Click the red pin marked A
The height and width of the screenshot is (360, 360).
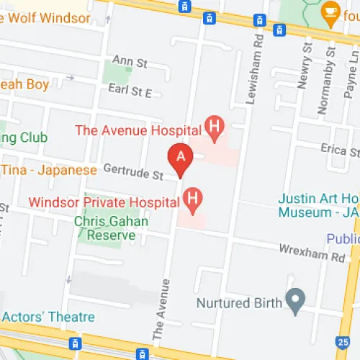pyautogui.click(x=180, y=158)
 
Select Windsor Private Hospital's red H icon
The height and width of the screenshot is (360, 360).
pyautogui.click(x=192, y=197)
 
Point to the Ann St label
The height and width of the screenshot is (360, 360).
pyautogui.click(x=130, y=63)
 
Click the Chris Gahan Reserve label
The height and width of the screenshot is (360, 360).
pyautogui.click(x=112, y=228)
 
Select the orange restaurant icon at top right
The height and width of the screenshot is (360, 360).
pyautogui.click(x=330, y=10)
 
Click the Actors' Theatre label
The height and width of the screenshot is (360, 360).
pyautogui.click(x=49, y=317)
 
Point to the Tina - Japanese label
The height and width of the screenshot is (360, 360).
pyautogui.click(x=48, y=170)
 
